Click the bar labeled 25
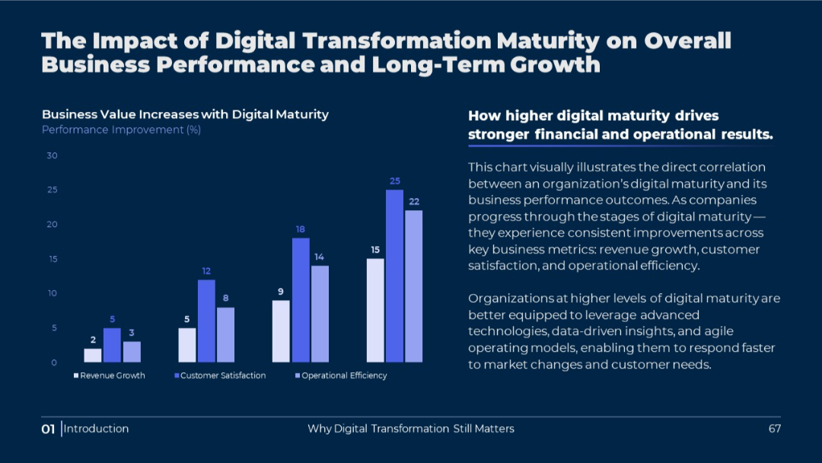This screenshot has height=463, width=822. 394,276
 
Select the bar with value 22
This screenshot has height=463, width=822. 413,286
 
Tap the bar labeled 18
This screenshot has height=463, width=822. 301,299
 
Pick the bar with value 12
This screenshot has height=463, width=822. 206,321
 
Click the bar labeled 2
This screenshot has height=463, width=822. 93,355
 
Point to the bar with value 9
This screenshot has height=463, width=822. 282,330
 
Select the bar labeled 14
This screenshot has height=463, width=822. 320,313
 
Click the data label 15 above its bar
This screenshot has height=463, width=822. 375,250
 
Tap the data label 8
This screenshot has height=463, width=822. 225,298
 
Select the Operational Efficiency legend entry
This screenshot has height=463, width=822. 343,375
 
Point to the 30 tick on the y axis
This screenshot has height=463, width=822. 52,155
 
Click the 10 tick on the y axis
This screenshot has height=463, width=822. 52,293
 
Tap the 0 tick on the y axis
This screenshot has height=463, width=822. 54,362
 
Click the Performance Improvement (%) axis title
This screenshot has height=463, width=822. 121,129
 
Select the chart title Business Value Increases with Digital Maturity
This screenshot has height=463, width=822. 185,114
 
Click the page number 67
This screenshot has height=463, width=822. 775,429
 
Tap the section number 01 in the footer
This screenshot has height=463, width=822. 48,429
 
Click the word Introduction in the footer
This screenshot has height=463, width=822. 96,429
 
